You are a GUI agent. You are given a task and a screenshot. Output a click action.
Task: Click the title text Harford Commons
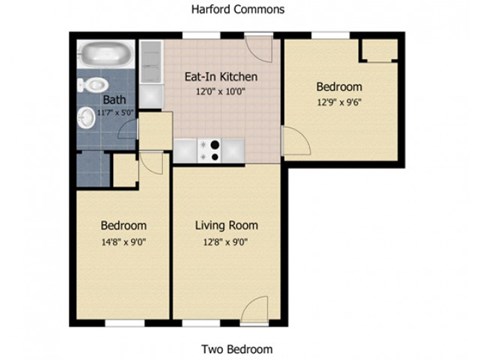point(238,9)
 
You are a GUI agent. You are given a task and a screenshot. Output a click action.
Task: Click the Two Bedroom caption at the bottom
point(238,349)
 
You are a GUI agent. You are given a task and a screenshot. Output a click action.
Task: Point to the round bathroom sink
point(89,118)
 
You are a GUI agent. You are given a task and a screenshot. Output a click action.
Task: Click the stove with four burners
point(211,149)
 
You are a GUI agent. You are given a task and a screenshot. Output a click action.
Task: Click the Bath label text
point(114,100)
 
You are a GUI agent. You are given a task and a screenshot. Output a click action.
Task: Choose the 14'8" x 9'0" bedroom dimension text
point(124,241)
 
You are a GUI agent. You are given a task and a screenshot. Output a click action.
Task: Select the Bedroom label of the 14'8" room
point(124,225)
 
